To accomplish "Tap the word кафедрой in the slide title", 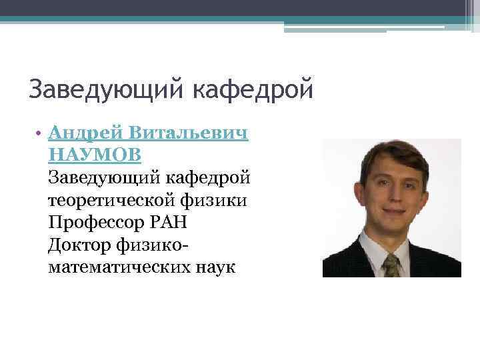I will [x=253, y=89].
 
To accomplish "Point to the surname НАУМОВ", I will [x=95, y=155].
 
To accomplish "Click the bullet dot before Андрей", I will [x=41, y=133].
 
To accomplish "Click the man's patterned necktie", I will [x=391, y=264].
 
